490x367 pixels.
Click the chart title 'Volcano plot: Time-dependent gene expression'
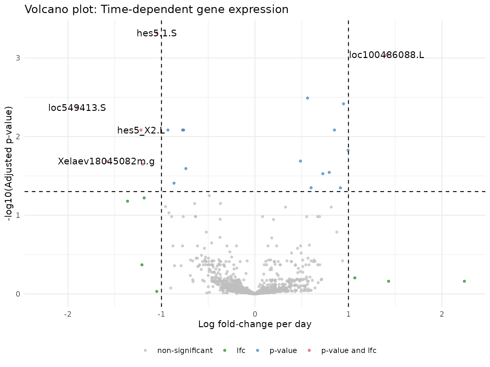(156, 10)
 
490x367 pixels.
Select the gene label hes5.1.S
(156, 33)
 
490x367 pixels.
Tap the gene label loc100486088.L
(386, 55)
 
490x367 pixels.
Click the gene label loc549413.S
(77, 108)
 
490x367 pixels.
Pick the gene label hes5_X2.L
(141, 130)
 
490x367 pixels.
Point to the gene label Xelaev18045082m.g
(106, 162)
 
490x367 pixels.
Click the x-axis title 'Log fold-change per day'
(255, 324)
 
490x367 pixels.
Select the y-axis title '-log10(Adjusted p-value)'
(10, 163)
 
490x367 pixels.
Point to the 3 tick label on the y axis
(18, 58)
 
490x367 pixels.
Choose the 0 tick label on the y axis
(18, 294)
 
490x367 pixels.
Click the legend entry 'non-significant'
(185, 351)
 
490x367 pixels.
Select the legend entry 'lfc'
(241, 351)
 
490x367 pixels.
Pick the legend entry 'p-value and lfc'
(349, 351)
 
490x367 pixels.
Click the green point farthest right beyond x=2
(464, 281)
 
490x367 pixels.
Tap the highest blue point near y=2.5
(308, 98)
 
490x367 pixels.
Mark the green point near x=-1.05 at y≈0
(157, 291)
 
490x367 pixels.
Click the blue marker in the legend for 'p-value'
(258, 350)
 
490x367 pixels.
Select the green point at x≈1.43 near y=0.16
(388, 281)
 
